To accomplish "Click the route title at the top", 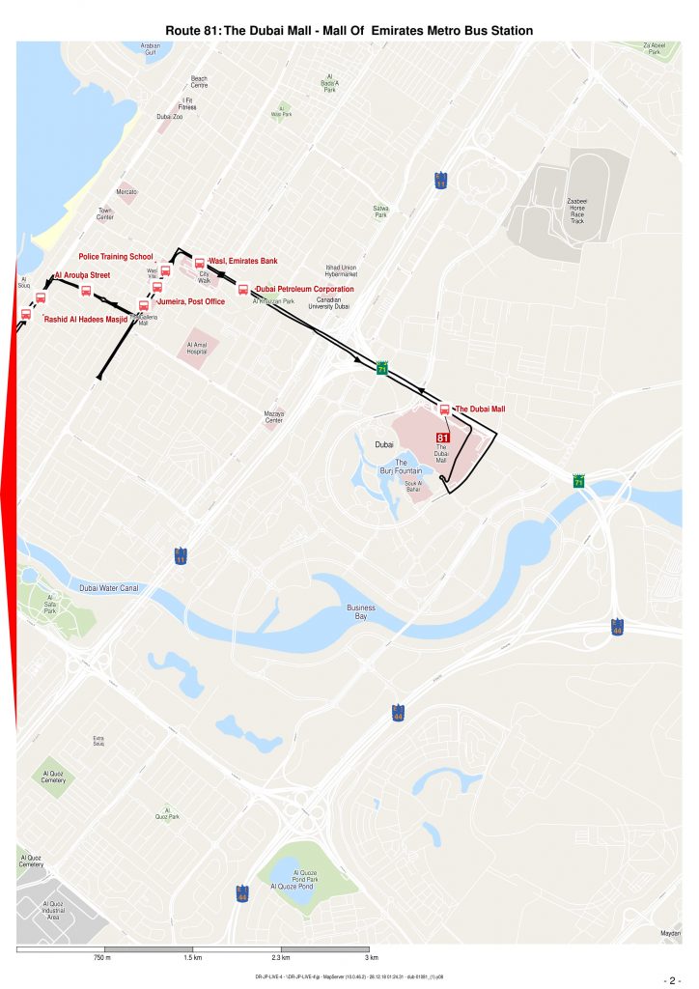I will [349, 31].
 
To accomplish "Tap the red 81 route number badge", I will [443, 438].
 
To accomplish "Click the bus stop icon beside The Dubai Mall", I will [444, 410].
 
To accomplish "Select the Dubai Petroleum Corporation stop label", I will [305, 289].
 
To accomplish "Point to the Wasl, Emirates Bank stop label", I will [243, 261].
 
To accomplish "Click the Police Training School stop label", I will [116, 257].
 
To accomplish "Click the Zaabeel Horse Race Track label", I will [577, 212].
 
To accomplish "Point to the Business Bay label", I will [361, 611].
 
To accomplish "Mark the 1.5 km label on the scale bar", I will [192, 958].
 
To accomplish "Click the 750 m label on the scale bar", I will [102, 958].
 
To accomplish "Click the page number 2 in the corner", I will [672, 979].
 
